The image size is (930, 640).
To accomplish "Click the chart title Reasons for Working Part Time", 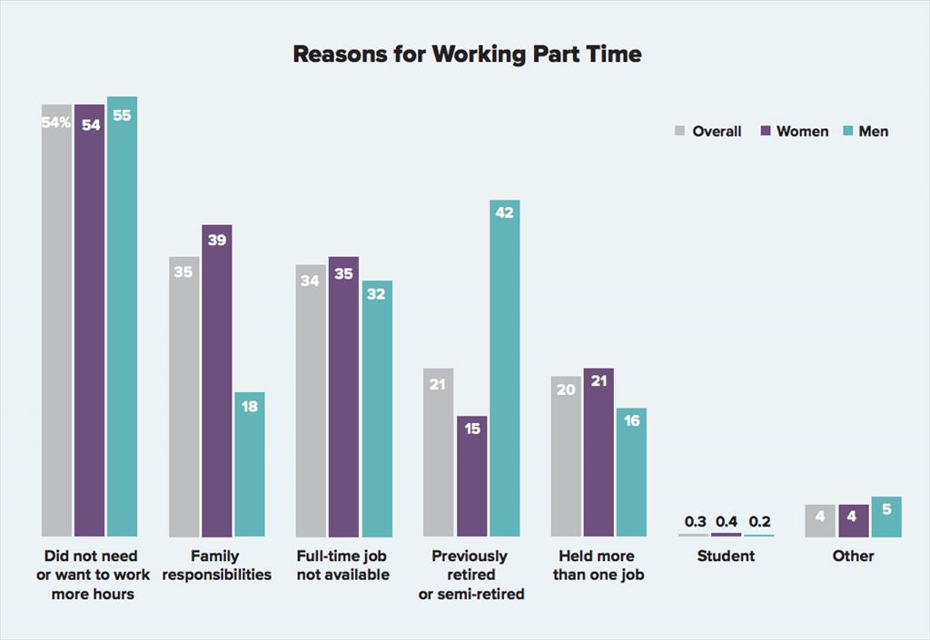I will [467, 54].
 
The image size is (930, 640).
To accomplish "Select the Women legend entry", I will [794, 132].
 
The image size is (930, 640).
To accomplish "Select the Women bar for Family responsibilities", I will [217, 381].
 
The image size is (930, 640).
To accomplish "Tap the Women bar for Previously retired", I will [472, 477].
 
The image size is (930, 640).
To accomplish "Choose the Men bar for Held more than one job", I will [631, 472].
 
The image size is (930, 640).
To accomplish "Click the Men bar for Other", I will [886, 517].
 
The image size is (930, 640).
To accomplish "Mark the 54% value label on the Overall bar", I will [55, 123].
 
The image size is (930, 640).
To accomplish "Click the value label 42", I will [505, 213].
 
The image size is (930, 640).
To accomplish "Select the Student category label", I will [726, 556].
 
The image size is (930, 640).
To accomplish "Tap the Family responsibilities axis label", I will [217, 565].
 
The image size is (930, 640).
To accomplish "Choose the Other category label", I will [853, 556].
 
